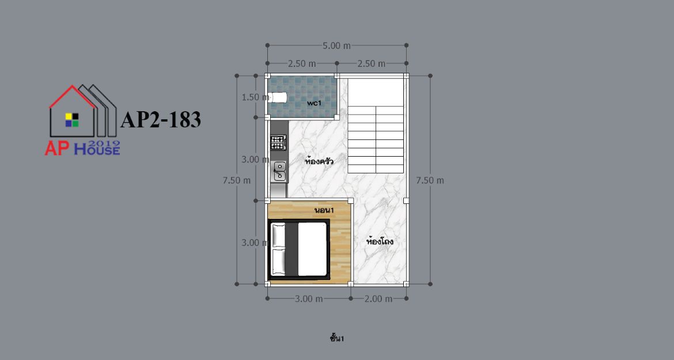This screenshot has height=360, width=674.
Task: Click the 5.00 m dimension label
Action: (336, 46)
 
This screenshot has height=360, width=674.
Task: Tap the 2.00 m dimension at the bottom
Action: (378, 298)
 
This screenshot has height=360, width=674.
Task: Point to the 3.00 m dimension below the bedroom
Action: (309, 298)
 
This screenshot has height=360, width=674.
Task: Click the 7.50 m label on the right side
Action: (430, 180)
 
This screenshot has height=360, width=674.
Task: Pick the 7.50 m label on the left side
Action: (236, 180)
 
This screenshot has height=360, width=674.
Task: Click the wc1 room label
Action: (314, 103)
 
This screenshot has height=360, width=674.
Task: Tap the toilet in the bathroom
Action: (278, 97)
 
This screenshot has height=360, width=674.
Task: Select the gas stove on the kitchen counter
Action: (278, 143)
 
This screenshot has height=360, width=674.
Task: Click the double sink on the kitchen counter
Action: (279, 170)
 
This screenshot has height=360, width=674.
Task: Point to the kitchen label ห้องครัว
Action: (319, 161)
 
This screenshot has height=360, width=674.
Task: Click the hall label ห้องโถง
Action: (380, 241)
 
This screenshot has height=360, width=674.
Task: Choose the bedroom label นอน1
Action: (324, 210)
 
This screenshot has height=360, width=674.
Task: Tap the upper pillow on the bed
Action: (279, 235)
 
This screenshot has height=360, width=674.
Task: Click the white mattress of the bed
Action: (312, 249)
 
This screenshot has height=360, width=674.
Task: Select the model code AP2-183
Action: (161, 120)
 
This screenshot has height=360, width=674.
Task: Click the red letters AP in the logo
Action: (57, 149)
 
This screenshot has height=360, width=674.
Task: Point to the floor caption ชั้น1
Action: (337, 339)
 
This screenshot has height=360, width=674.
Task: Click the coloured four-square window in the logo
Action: (72, 120)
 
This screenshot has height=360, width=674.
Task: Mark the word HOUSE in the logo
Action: (97, 150)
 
